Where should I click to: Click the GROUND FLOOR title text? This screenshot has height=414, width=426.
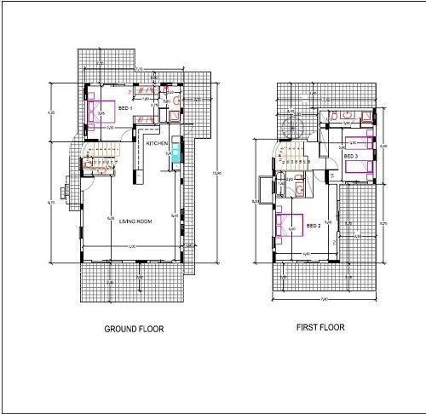tap(134, 329)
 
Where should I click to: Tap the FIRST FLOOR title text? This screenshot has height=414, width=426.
tap(320, 327)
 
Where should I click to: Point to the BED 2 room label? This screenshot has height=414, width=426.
tap(313, 226)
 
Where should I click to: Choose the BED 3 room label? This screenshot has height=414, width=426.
tap(351, 157)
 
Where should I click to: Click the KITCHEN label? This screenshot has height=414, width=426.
tap(157, 144)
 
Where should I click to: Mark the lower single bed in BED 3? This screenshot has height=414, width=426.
tap(361, 169)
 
